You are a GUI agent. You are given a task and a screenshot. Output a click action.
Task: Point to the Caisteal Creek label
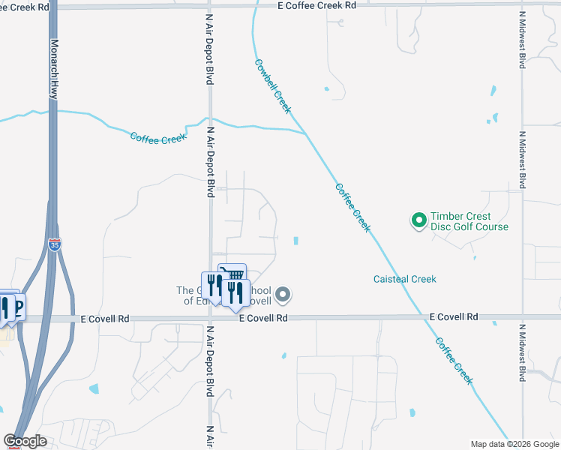(404, 279)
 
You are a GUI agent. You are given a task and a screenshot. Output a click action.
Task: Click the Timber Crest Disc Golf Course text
(469, 221)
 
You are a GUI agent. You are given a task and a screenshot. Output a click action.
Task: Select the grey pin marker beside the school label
(282, 295)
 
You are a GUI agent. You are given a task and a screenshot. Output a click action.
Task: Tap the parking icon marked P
(17, 306)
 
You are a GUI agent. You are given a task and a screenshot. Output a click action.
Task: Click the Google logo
(25, 441)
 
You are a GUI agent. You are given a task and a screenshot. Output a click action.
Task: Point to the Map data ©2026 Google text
(514, 444)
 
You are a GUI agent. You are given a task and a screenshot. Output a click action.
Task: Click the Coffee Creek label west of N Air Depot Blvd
(157, 138)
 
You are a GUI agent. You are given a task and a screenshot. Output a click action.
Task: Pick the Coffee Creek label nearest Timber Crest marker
(352, 208)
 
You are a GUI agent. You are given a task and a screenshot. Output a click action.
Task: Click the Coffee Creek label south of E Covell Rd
(454, 359)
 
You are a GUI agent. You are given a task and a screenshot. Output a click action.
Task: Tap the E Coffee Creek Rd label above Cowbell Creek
(316, 5)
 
